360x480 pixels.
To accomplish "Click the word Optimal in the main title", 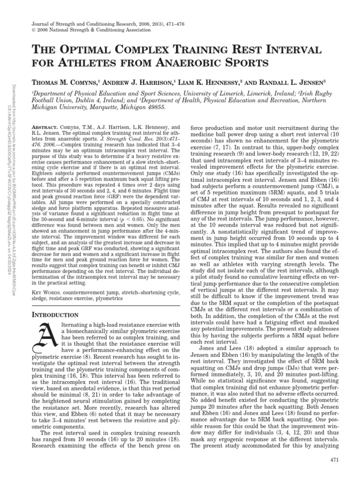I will tap(91, 50).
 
